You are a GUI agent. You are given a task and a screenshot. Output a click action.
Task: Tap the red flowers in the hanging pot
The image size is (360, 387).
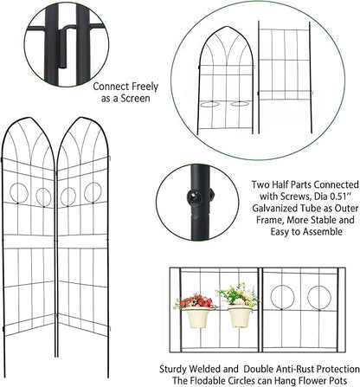click(198, 301)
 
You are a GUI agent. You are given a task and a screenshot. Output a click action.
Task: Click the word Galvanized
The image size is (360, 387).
click(267, 214)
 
